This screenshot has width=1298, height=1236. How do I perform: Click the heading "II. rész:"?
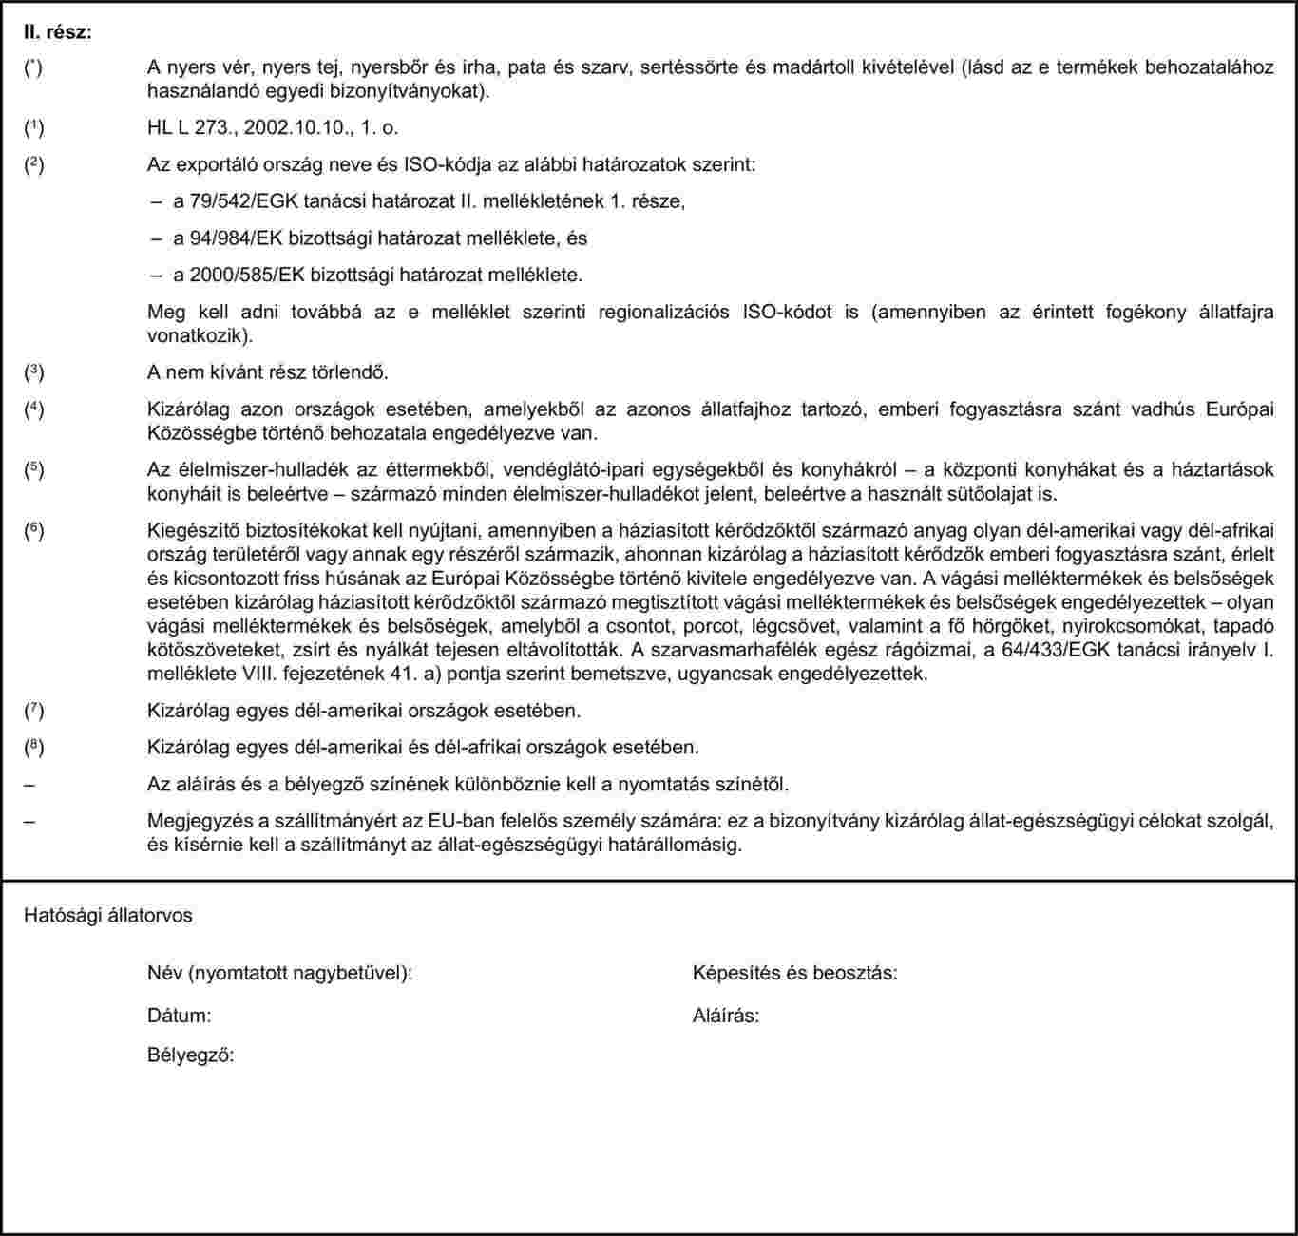[58, 33]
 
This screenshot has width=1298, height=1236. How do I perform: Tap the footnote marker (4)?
[34, 409]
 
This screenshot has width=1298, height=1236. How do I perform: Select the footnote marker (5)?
[34, 469]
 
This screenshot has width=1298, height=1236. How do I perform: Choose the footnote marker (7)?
[34, 710]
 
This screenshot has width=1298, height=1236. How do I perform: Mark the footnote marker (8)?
[34, 747]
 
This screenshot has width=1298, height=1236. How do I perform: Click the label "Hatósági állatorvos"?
[108, 915]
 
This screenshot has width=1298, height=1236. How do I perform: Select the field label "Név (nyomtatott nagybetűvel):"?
[279, 973]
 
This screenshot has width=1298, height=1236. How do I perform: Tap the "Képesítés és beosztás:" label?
[795, 973]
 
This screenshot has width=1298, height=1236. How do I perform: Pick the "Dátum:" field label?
[179, 1016]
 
